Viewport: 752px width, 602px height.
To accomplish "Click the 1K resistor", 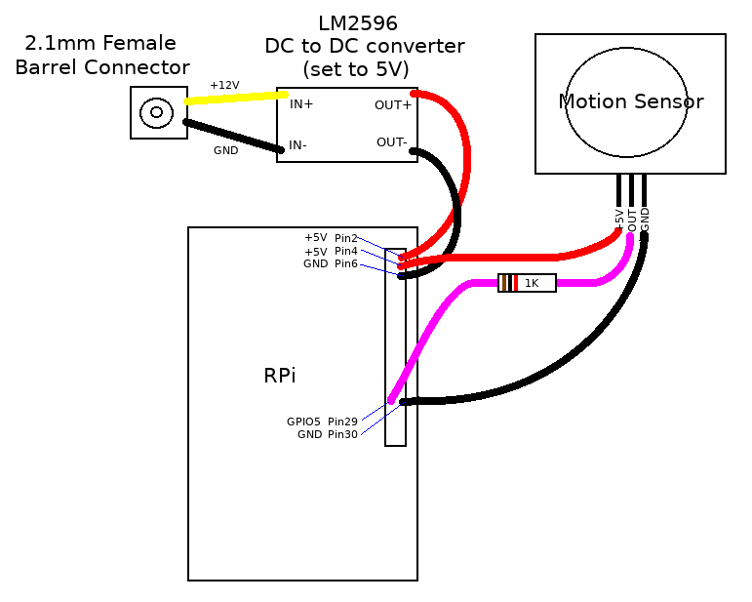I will tap(527, 283).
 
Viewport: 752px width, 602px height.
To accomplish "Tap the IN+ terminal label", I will tap(301, 103).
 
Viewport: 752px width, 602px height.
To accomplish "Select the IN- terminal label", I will tap(297, 145).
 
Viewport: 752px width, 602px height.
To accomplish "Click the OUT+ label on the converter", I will tap(393, 105).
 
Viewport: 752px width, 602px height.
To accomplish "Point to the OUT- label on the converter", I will tap(391, 142).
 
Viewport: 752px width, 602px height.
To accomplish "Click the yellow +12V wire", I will tap(234, 98).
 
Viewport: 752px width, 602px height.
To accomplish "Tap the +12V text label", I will tap(224, 85).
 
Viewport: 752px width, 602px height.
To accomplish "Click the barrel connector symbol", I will tap(158, 112).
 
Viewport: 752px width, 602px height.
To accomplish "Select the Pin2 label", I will tap(346, 238).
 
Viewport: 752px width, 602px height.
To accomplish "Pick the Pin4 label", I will tap(346, 252).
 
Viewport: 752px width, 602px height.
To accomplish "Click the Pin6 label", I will tap(346, 264).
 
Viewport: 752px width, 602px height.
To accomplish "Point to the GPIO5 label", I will tap(303, 422).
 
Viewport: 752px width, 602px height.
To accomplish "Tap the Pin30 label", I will tap(342, 435).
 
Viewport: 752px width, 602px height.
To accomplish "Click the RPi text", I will tap(280, 376).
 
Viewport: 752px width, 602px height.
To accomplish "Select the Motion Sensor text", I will tap(630, 101).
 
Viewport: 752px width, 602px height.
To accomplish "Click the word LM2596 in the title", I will tap(358, 22).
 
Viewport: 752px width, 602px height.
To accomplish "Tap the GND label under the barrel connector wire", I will tap(225, 151).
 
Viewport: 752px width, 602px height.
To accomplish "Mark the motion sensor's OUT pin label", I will tap(632, 220).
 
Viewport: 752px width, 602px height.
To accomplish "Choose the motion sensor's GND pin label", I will tap(645, 220).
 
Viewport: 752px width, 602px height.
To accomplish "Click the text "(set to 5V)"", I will tap(356, 69).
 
